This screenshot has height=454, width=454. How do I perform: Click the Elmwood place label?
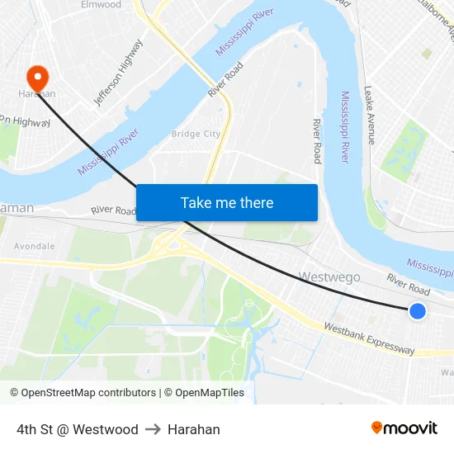(x=101, y=5)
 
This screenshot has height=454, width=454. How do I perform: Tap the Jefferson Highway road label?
(x=119, y=73)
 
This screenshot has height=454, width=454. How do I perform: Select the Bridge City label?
(x=196, y=134)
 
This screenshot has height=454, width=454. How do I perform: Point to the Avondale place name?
(x=35, y=246)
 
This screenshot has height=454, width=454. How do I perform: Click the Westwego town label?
(x=330, y=277)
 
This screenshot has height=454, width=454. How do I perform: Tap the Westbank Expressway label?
(x=369, y=338)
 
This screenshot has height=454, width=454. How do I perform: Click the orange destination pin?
(x=37, y=78)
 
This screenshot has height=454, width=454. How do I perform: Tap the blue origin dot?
(x=418, y=311)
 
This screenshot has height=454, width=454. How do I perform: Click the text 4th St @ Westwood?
(x=78, y=429)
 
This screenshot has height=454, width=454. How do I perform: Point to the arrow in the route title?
(x=153, y=429)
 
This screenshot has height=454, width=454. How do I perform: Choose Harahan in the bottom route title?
(x=194, y=429)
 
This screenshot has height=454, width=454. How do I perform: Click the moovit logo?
(x=404, y=428)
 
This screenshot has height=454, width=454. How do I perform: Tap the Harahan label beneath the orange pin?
(x=37, y=94)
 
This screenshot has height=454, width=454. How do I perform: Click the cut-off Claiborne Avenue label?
(x=441, y=21)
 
